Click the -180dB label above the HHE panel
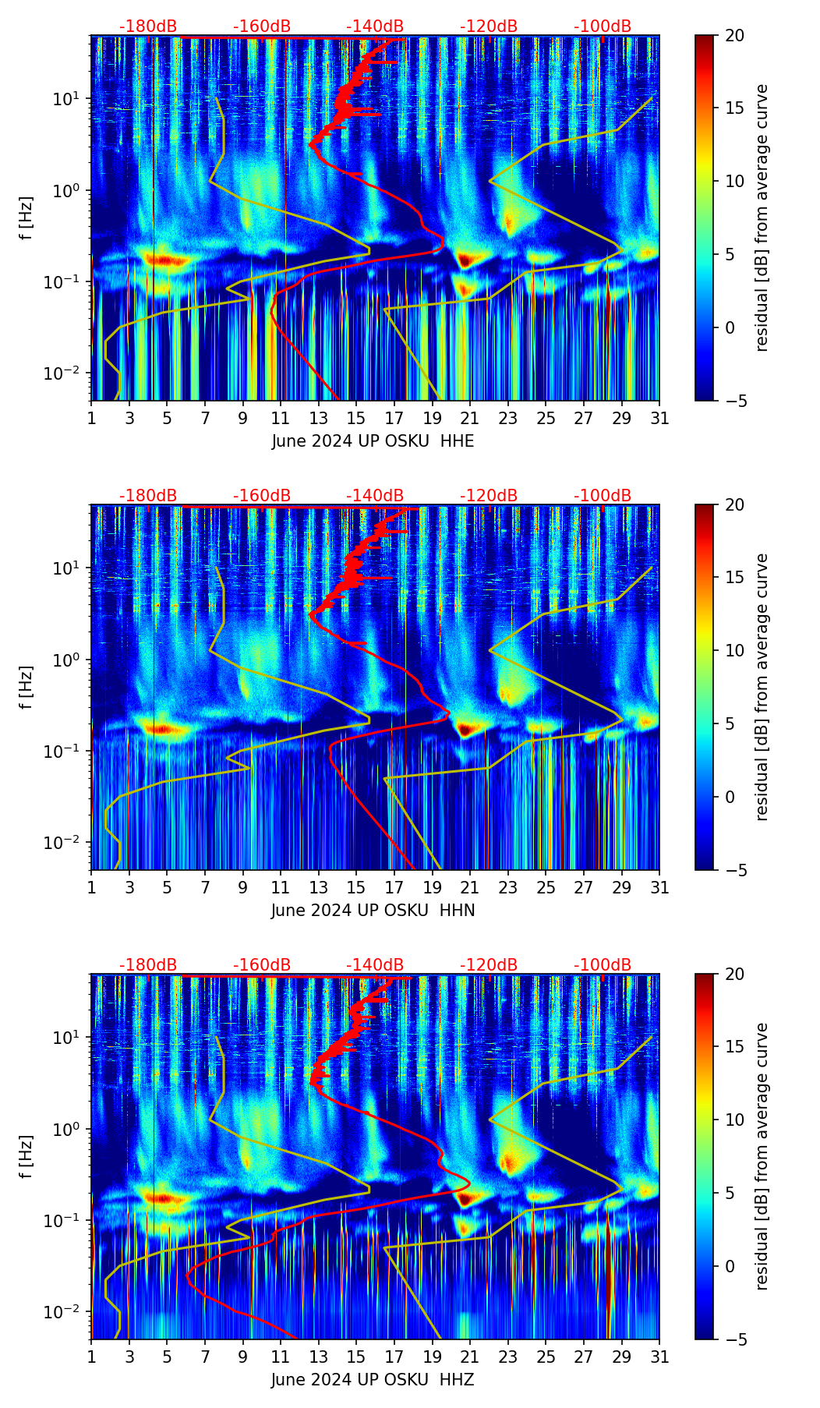tap(148, 27)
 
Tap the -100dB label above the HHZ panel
tap(603, 965)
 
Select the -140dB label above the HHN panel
tap(375, 496)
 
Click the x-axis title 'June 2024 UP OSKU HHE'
tap(373, 441)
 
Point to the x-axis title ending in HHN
tap(373, 911)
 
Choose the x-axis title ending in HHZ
tap(373, 1380)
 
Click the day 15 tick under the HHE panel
tap(356, 418)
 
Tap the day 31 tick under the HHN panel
tap(659, 887)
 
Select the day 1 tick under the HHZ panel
tap(91, 1357)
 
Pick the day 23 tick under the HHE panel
tap(507, 418)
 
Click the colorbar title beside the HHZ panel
tap(762, 1156)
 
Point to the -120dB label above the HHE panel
tap(489, 27)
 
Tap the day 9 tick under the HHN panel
tap(242, 887)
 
